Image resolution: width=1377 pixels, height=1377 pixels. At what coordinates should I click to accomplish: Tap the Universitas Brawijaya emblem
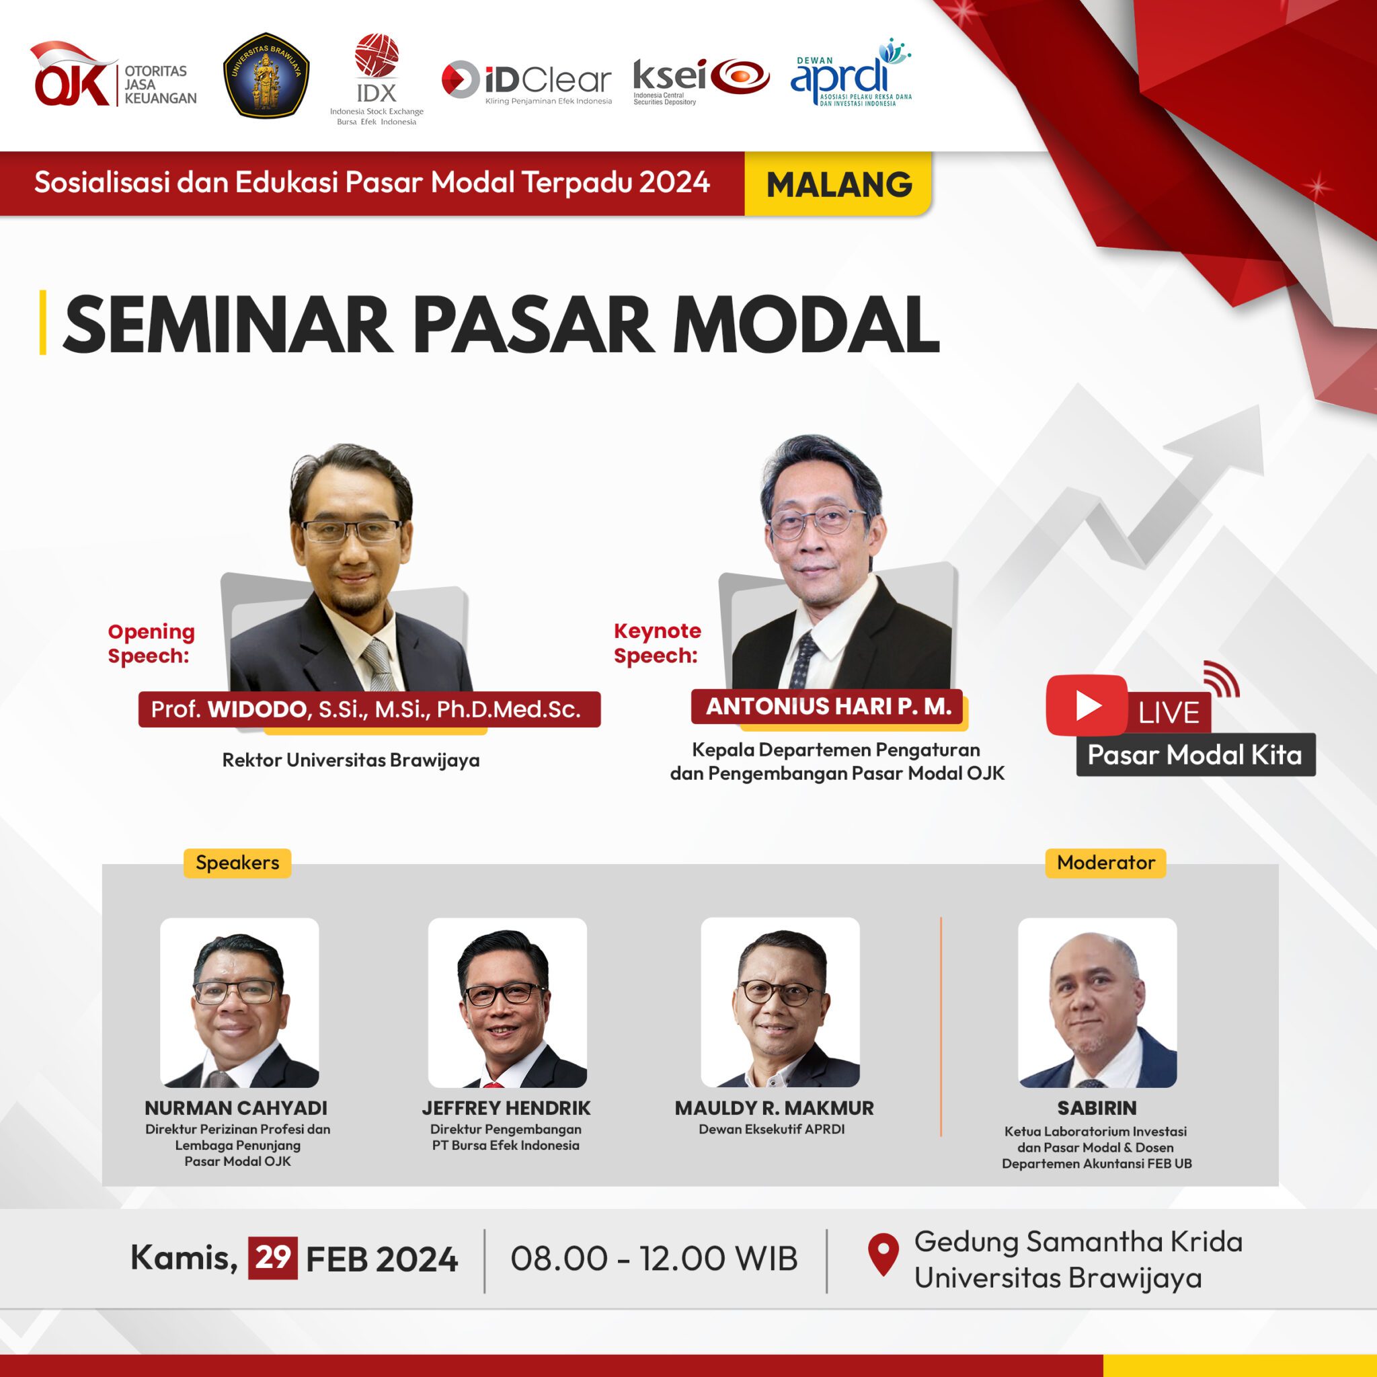(x=266, y=74)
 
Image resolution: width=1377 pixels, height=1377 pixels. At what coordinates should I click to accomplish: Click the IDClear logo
(x=526, y=80)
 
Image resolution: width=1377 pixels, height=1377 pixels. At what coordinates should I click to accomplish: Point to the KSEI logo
(x=701, y=79)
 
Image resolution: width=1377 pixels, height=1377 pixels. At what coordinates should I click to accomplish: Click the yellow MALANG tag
(x=838, y=184)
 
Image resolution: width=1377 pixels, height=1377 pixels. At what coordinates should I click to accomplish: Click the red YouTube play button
(x=1087, y=705)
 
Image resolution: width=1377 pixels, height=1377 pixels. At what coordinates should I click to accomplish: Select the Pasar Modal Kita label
(x=1195, y=755)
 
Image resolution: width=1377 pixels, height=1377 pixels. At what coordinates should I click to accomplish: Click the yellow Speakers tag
(x=237, y=863)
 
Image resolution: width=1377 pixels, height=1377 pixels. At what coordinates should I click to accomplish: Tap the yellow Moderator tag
(x=1105, y=863)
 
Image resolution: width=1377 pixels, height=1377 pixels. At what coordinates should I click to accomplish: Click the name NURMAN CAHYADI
(x=236, y=1108)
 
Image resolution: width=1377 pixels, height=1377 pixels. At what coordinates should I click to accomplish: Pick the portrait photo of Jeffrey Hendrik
(x=507, y=1002)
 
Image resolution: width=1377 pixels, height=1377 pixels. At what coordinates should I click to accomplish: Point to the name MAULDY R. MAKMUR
(x=774, y=1108)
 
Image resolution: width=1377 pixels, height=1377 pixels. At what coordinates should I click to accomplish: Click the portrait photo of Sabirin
(x=1097, y=1002)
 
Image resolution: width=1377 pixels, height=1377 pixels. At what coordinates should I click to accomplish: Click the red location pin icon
(x=883, y=1253)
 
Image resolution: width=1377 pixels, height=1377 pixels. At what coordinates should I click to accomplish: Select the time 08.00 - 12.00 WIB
(x=654, y=1258)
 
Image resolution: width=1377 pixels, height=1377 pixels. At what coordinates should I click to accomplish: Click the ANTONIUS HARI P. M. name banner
(x=827, y=707)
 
